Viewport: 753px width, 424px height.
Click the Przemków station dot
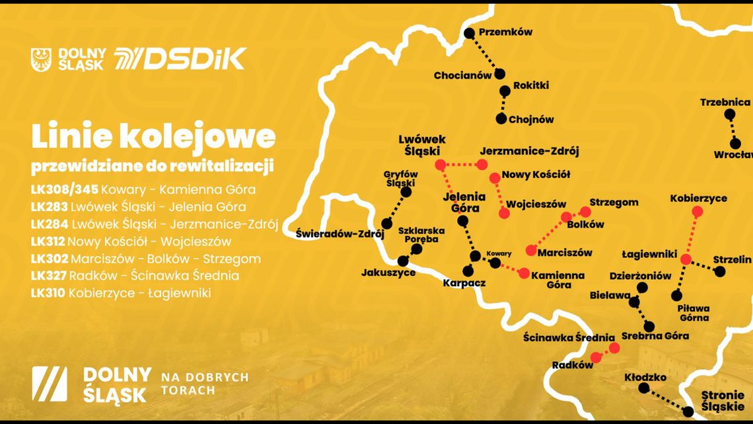(469, 32)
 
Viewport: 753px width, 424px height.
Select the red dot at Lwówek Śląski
(440, 164)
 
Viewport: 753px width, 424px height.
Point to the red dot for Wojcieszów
(504, 213)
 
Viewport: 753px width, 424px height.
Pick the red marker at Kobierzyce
(697, 212)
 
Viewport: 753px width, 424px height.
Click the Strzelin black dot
(720, 271)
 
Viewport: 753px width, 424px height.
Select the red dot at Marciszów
(530, 250)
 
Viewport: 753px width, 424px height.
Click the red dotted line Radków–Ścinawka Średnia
(605, 353)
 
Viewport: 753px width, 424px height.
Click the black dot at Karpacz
(468, 271)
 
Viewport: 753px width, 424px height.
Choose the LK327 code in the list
(48, 275)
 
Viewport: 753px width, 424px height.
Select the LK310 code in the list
(48, 292)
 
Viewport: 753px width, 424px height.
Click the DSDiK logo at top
(180, 59)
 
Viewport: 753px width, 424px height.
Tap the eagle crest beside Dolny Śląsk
(41, 60)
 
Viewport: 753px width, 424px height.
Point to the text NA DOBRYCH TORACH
(204, 384)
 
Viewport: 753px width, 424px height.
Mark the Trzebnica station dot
(729, 114)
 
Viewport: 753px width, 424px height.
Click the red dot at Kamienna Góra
(524, 273)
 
